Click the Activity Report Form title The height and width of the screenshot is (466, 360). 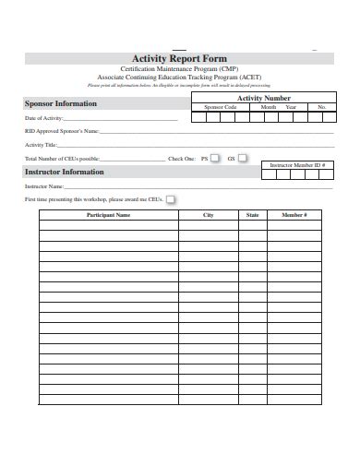click(x=179, y=58)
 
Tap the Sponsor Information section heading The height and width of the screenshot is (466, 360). click(x=60, y=103)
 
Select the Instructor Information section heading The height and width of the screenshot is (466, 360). click(x=64, y=172)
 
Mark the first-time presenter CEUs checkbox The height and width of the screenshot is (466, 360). click(x=171, y=198)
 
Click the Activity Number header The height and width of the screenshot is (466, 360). click(x=263, y=98)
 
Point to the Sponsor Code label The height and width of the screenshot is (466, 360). click(x=220, y=108)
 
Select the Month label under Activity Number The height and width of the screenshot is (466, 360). click(x=269, y=108)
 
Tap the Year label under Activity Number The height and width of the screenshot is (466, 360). click(x=291, y=108)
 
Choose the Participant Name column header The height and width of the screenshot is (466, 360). click(x=108, y=215)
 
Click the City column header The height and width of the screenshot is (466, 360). click(x=208, y=215)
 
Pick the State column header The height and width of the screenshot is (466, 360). click(x=252, y=215)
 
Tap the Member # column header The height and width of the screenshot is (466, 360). click(x=294, y=215)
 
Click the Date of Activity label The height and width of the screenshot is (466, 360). click(x=43, y=119)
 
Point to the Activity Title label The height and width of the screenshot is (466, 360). click(x=41, y=145)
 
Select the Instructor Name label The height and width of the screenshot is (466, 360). click(x=44, y=185)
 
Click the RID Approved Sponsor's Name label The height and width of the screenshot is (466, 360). click(x=61, y=132)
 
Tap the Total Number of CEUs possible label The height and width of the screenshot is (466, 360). click(x=61, y=159)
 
